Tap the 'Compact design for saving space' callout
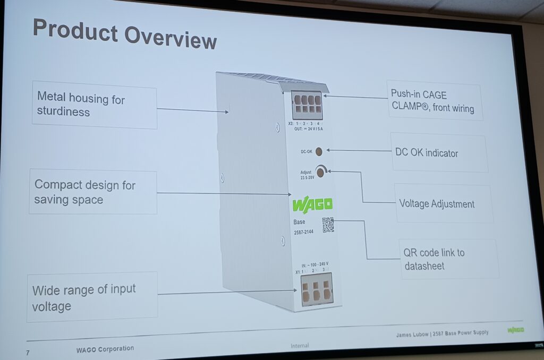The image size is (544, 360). click(92, 192)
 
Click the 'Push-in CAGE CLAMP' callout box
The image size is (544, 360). click(433, 102)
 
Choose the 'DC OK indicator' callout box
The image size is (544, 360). click(439, 153)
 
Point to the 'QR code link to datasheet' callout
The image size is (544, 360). click(449, 259)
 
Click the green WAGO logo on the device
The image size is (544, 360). click(312, 204)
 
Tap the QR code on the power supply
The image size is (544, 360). click(328, 225)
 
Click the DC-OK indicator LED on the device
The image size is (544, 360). click(319, 151)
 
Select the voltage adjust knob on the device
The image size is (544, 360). click(321, 172)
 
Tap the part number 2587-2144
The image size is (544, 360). click(303, 232)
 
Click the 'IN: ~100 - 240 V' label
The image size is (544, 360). click(314, 264)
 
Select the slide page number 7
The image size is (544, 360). click(27, 353)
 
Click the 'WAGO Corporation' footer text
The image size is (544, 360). click(105, 349)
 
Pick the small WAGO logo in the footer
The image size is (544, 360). click(515, 330)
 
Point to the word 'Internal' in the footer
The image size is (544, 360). click(300, 346)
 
